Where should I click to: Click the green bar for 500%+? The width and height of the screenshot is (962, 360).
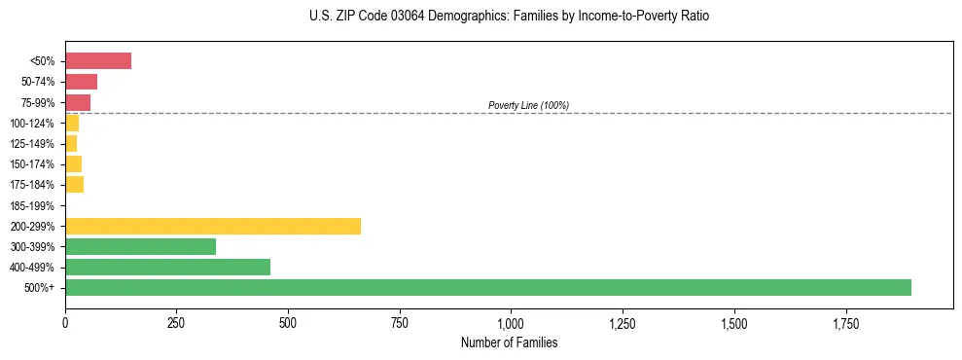click(487, 287)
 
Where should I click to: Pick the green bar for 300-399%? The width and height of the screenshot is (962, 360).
click(140, 246)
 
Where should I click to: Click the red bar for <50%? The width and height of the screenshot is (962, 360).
click(97, 61)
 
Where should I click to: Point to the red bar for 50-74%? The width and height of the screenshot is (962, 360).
click(81, 82)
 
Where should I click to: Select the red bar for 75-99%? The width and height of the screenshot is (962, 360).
click(78, 102)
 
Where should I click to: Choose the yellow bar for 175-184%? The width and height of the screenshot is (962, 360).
click(74, 184)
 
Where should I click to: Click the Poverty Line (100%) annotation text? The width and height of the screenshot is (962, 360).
click(528, 105)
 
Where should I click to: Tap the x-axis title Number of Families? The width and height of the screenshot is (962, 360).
click(510, 342)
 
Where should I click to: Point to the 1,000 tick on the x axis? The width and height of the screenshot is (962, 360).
click(511, 323)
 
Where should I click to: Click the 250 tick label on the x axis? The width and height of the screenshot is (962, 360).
click(176, 323)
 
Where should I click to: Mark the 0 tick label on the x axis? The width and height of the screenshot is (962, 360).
click(65, 323)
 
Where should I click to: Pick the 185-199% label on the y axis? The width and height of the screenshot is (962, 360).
click(32, 205)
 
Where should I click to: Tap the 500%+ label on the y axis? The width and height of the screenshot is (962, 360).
click(40, 288)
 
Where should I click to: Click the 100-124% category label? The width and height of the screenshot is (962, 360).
click(32, 124)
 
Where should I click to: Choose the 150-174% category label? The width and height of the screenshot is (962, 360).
click(32, 164)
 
